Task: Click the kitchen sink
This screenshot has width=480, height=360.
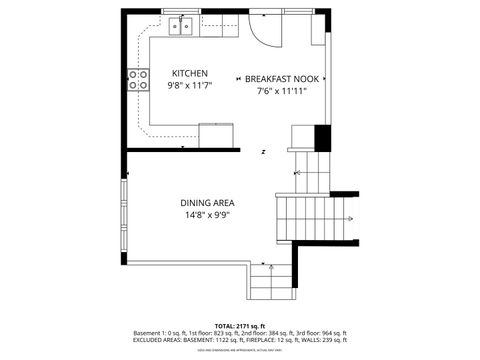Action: tap(181, 25)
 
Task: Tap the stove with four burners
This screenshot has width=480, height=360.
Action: tap(137, 80)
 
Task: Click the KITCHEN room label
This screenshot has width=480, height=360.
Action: tap(190, 74)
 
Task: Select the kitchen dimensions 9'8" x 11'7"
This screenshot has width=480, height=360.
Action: tap(190, 87)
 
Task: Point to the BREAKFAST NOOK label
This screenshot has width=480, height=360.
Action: tap(281, 78)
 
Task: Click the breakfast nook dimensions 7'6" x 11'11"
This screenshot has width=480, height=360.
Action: tap(281, 91)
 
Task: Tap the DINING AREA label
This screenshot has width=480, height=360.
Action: tap(207, 202)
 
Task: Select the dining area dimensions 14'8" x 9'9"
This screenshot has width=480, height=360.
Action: tap(207, 215)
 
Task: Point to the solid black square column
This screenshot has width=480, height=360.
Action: tap(322, 137)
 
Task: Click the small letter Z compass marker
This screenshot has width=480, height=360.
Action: tap(263, 152)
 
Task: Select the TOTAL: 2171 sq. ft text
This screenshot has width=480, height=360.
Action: tap(239, 326)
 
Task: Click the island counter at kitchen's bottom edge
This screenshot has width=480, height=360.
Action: tap(217, 133)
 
